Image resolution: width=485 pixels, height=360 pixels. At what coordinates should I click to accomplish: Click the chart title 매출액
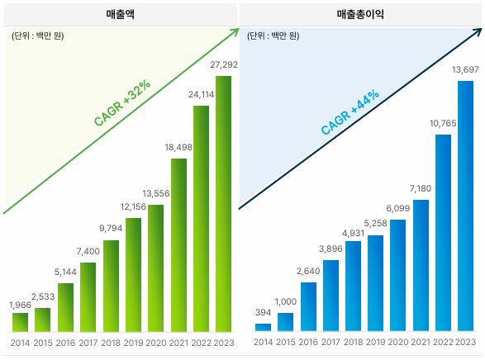(121, 15)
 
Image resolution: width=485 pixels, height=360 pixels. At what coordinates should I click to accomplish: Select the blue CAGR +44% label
(349, 111)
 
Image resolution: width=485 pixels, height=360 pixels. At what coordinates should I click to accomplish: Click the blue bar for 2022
(443, 232)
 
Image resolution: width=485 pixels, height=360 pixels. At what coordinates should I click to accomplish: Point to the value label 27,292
(223, 64)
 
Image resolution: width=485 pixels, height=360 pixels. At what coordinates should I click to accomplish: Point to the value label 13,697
(465, 69)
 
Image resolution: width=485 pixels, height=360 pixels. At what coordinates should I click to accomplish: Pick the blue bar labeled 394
(263, 327)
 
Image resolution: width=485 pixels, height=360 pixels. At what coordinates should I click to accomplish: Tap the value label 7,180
(421, 188)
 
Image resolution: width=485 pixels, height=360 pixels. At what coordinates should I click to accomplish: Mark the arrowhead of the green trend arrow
(235, 33)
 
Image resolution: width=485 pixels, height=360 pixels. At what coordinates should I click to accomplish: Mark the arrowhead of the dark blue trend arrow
(478, 33)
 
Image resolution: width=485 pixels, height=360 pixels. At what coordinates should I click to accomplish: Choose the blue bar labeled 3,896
(330, 295)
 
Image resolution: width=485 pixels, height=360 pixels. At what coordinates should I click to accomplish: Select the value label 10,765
(443, 122)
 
